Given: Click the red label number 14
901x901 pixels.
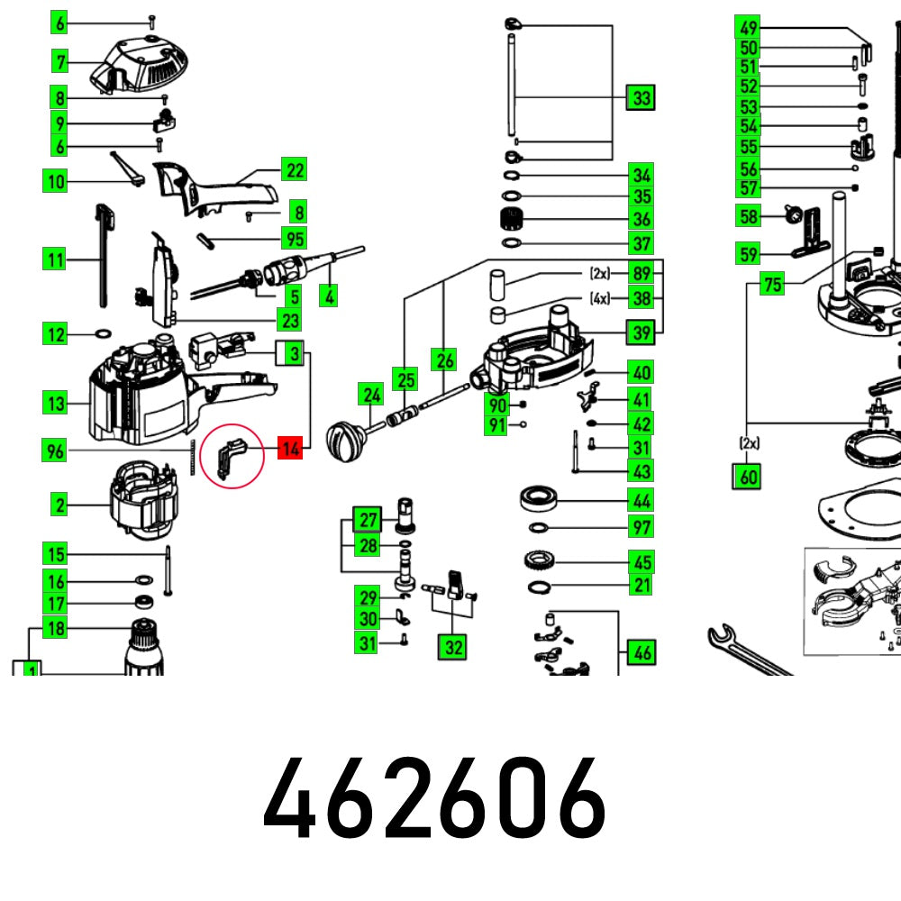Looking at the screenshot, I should point(289,448).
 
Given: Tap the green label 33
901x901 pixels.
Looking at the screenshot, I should point(641,97).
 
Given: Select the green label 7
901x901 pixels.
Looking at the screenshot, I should point(60,62).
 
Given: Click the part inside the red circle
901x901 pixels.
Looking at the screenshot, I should point(232,456).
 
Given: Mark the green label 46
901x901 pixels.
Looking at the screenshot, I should point(642,651).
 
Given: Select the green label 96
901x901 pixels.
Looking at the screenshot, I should point(56,450).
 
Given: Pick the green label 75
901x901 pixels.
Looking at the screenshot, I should point(772,285).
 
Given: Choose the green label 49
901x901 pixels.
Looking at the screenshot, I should point(747,26).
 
